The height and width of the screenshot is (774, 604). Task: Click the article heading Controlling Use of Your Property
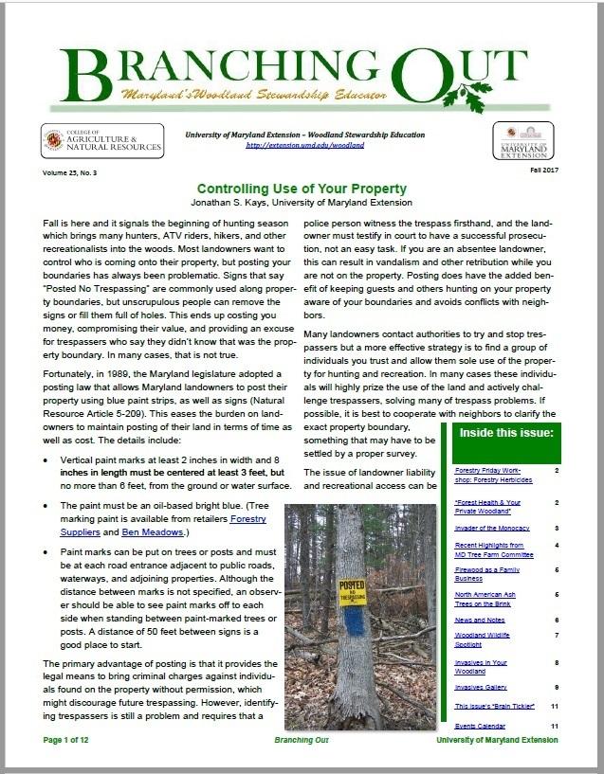click(x=301, y=188)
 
